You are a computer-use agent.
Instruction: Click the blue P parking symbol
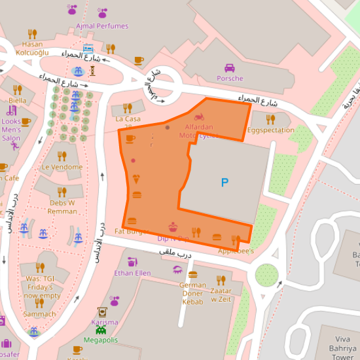click(x=225, y=183)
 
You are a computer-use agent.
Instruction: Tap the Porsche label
click(x=230, y=79)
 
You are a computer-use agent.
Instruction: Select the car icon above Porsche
click(x=230, y=68)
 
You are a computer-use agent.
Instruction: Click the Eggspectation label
click(x=271, y=130)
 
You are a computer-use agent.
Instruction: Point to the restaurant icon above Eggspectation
click(x=270, y=119)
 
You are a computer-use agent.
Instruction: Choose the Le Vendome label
click(x=62, y=167)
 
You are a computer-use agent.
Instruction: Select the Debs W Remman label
click(x=62, y=207)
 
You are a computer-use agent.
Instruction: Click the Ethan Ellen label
click(x=132, y=273)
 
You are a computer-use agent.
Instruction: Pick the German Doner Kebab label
click(x=192, y=293)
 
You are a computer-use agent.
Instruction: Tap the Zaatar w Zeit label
click(x=221, y=295)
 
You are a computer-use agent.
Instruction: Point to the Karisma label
click(x=104, y=322)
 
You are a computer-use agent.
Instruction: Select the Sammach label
click(x=39, y=314)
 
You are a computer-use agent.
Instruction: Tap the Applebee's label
click(x=236, y=251)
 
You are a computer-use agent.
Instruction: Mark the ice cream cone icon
click(x=136, y=178)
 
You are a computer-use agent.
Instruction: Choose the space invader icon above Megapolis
click(x=101, y=331)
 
